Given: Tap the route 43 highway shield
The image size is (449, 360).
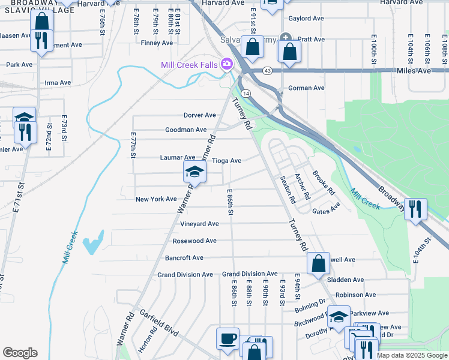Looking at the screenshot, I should pos(267,71).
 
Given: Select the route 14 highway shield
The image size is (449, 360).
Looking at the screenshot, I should pos(247,94).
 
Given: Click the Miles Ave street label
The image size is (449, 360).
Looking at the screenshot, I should pos(414,71).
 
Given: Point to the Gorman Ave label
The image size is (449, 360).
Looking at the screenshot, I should pos(306,88).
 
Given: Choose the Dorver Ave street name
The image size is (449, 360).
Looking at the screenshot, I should pos(200,115).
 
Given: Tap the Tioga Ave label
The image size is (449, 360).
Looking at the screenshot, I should pos(227,161).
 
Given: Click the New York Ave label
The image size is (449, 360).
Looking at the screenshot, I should pos(156,199).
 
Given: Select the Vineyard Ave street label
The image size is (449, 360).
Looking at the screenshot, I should pos(199,224).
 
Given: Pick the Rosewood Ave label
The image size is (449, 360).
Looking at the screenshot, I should pos(194,241).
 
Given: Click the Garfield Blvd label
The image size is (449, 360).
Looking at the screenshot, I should pos(160,320).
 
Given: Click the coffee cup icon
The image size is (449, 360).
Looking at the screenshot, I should pos(228,338).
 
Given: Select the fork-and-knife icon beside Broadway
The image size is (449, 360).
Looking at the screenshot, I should pos(415,209).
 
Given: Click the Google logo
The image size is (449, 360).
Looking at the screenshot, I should pos(20,353).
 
